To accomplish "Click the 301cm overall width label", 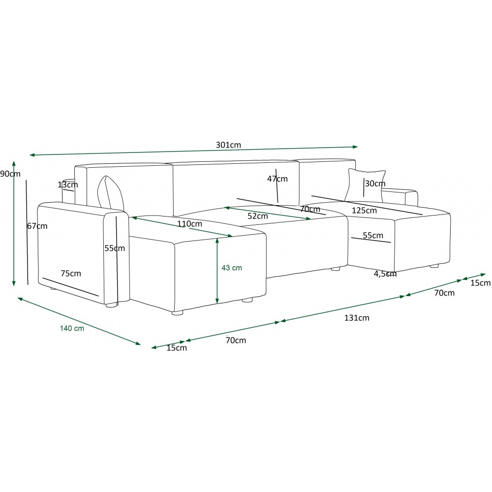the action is click(228, 145).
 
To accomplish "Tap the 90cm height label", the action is click(10, 174).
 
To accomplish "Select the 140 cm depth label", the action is click(72, 328).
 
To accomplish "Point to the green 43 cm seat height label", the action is click(232, 268).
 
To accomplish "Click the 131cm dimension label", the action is click(357, 318).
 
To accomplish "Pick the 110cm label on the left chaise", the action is click(189, 224).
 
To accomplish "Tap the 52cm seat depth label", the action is click(258, 216).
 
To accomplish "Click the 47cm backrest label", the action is click(277, 179).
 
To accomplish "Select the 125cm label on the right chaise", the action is click(364, 210).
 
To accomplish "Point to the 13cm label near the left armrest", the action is click(68, 184).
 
